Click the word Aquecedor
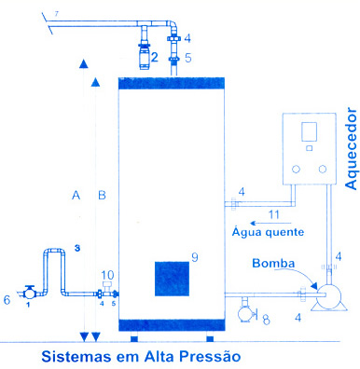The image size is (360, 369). tap(352, 149)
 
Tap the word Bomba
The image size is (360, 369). tap(273, 264)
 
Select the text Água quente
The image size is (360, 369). tap(268, 232)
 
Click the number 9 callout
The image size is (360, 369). tap(195, 257)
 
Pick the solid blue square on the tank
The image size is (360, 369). tap(172, 279)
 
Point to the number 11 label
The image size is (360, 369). tap(274, 214)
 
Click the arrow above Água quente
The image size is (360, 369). tap(270, 223)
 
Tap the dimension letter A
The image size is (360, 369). tap(76, 196)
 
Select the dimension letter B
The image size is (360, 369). tap(102, 196)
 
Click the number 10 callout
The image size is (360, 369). tap(107, 275)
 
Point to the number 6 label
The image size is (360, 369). tap(7, 300)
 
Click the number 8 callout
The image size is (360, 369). tap(266, 320)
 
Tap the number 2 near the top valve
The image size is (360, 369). tap(155, 57)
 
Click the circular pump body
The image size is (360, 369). tap(328, 294)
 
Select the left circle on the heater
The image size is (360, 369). tap(296, 170)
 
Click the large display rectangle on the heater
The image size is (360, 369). tap(309, 131)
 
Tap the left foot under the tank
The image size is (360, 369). tap(133, 338)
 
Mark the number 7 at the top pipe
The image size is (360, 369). tap(56, 14)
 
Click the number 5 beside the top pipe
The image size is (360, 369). tap(188, 58)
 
